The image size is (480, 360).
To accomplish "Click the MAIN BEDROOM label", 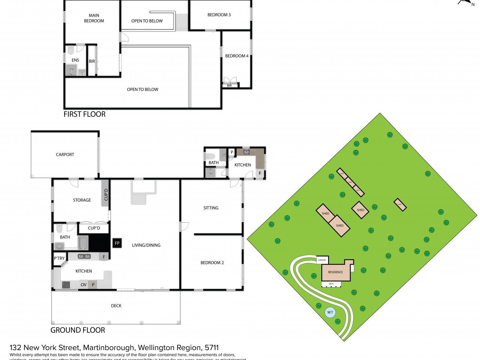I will (94, 18).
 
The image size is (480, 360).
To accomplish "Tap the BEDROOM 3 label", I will (219, 15).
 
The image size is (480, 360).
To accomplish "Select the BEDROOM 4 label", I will (237, 56).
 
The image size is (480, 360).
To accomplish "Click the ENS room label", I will (75, 60).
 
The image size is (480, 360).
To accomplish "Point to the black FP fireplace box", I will (117, 243).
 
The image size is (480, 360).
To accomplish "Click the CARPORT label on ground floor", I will (65, 154).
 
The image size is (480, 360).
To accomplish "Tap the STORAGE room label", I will (82, 200).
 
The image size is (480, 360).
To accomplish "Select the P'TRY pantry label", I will (59, 258).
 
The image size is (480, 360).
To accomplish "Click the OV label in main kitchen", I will (84, 285).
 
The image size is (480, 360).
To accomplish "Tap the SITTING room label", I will (211, 208).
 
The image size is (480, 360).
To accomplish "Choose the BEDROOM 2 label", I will (212, 262).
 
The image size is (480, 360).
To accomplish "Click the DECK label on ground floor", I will (116, 306).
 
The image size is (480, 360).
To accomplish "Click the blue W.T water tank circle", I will (330, 312).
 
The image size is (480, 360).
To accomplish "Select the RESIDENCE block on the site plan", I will (335, 272).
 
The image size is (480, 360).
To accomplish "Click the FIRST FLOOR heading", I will (85, 114).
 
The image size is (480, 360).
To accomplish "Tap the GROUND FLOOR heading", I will (78, 330).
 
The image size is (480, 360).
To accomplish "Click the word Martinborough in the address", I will (109, 348).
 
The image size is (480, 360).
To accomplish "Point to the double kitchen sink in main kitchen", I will (84, 256).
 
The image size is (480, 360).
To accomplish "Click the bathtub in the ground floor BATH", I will (83, 242).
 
